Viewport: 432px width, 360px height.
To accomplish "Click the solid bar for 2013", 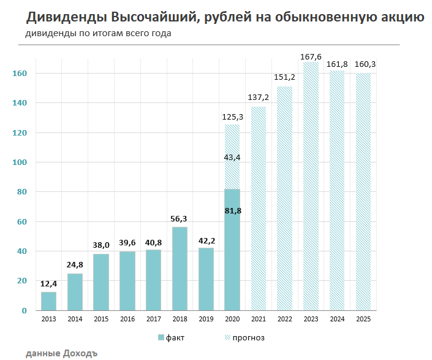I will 48,301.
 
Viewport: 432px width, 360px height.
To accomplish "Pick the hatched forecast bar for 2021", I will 258,209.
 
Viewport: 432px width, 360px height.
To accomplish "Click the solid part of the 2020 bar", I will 232,258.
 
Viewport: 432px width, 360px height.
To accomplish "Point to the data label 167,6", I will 310,57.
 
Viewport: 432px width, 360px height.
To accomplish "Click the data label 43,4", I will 232,158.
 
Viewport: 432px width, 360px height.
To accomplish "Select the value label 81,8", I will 232,211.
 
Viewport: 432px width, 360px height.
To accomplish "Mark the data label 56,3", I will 180,219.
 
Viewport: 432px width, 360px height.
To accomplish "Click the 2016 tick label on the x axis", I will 127,320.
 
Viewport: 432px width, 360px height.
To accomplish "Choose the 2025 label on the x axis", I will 363,320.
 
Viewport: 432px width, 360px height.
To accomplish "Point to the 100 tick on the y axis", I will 20,163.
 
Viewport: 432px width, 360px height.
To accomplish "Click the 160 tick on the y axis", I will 20,74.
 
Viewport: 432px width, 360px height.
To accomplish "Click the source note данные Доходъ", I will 62,353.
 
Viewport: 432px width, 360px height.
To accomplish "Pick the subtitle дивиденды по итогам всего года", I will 98,33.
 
